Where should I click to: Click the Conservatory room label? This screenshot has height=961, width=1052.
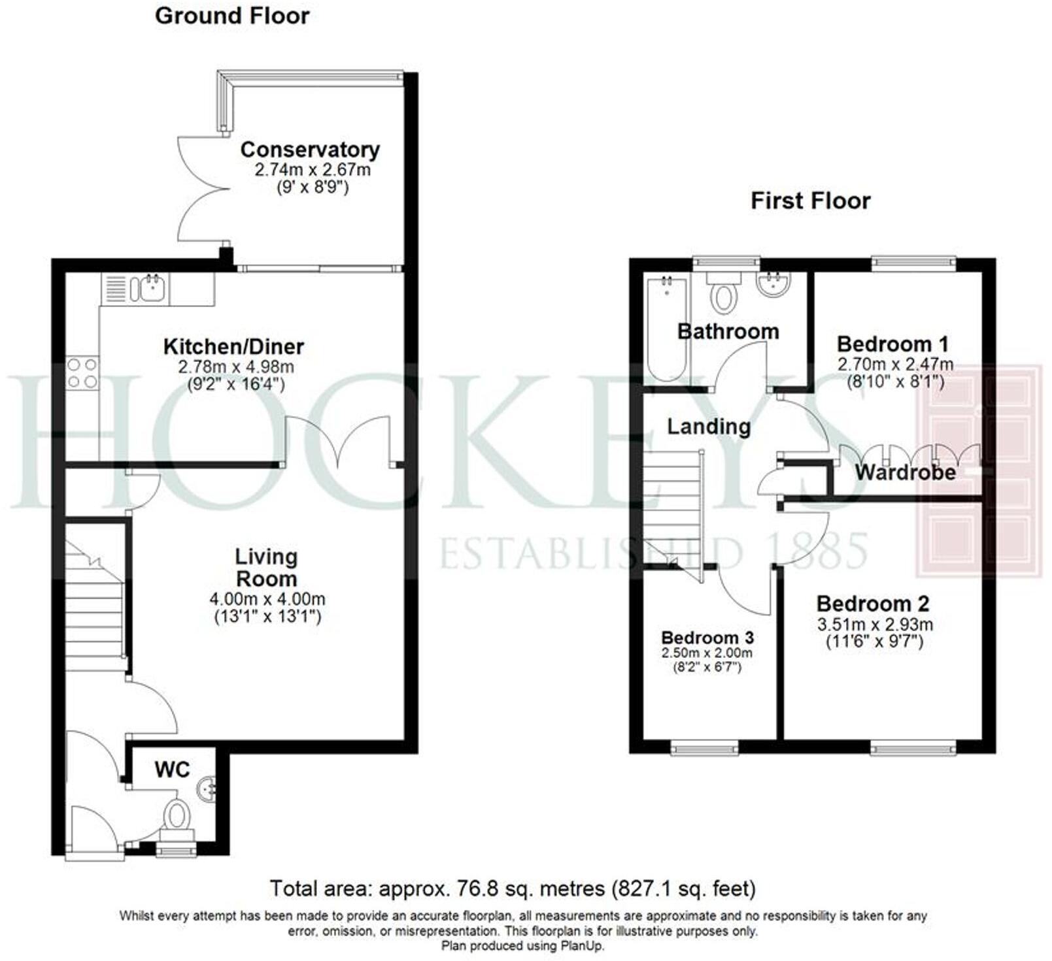(310, 150)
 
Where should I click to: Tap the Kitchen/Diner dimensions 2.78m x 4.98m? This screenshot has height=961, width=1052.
(236, 367)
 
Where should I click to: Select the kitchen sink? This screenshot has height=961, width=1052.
(150, 287)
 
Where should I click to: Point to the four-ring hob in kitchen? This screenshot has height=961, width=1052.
(82, 373)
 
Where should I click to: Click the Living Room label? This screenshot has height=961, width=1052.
(266, 567)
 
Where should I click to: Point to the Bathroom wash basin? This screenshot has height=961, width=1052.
(773, 285)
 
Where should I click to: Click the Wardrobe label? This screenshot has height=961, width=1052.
(905, 472)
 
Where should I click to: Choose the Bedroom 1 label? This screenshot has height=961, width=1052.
(892, 344)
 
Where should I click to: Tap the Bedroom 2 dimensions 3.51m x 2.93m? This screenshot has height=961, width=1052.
(875, 625)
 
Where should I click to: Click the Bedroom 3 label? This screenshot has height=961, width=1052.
(707, 637)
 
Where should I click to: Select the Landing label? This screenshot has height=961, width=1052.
(709, 427)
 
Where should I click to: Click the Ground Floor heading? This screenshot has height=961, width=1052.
(232, 16)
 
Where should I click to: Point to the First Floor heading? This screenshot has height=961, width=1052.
(810, 201)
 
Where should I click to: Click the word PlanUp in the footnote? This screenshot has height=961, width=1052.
(582, 945)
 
